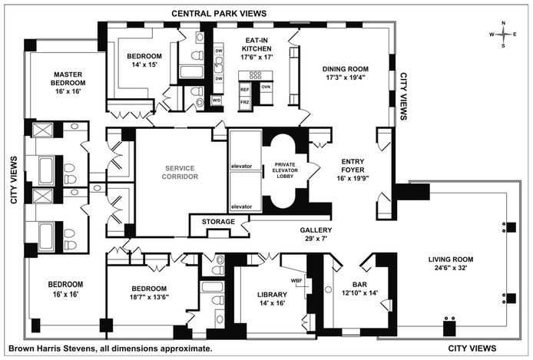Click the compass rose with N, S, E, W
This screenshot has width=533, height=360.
tap(503, 34)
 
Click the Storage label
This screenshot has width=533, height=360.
tap(218, 223)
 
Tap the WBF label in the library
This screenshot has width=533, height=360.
tap(296, 280)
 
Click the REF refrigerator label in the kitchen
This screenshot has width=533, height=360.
tap(245, 88)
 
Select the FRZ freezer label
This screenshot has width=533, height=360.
tap(245, 101)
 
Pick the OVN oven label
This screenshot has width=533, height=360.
tap(266, 88)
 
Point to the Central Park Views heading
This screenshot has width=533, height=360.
tap(219, 14)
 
